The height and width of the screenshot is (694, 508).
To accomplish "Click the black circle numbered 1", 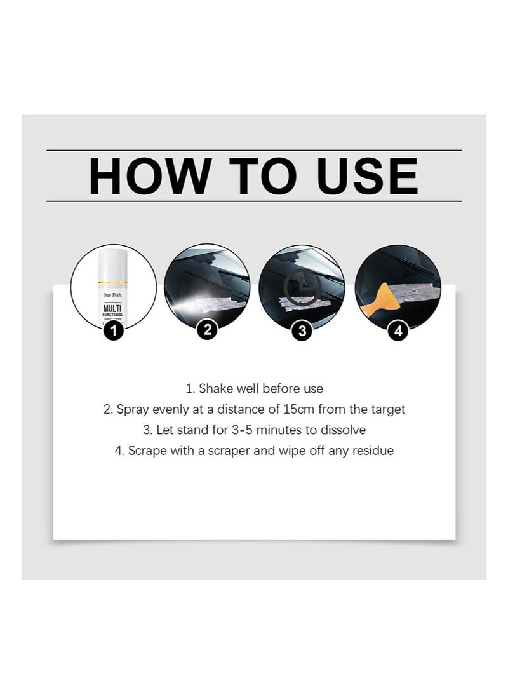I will [113, 330].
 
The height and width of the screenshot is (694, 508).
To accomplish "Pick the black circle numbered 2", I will [207, 330].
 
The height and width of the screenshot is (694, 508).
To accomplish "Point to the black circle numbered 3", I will [302, 330].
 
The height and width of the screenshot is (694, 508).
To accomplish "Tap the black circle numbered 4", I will [398, 330].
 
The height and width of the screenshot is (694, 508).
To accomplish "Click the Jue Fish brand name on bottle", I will [114, 296].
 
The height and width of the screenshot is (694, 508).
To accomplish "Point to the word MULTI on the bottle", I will [113, 308].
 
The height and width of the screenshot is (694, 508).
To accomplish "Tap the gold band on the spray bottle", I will [113, 282].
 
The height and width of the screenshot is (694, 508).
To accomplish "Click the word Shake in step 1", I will [215, 388].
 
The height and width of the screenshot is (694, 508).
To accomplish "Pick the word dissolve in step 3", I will [344, 430].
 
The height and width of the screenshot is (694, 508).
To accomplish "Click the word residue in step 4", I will [373, 451].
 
